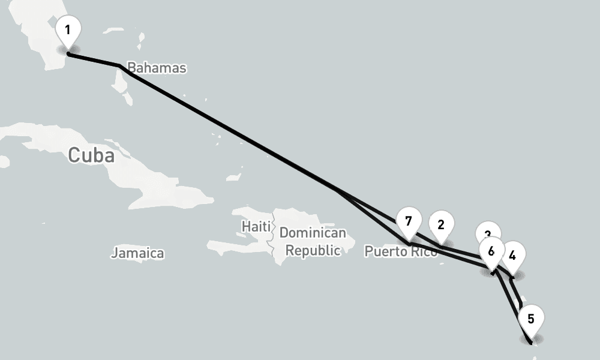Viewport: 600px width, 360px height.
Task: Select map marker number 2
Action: [x=441, y=225]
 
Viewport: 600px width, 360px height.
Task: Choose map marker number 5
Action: [x=531, y=319]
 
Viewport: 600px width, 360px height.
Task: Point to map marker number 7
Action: [x=409, y=221]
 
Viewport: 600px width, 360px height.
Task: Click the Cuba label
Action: [x=91, y=155]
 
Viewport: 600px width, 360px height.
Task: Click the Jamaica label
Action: [x=137, y=253]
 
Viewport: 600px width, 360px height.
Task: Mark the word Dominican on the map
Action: [x=313, y=233]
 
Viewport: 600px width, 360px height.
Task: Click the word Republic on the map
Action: [x=313, y=250]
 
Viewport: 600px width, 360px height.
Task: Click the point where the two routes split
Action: [x=337, y=191]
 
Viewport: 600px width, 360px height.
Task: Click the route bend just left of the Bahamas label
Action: [x=119, y=65]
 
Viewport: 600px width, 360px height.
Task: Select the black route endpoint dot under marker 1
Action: [x=68, y=54]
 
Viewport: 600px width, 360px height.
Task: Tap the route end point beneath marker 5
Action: [x=531, y=343]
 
